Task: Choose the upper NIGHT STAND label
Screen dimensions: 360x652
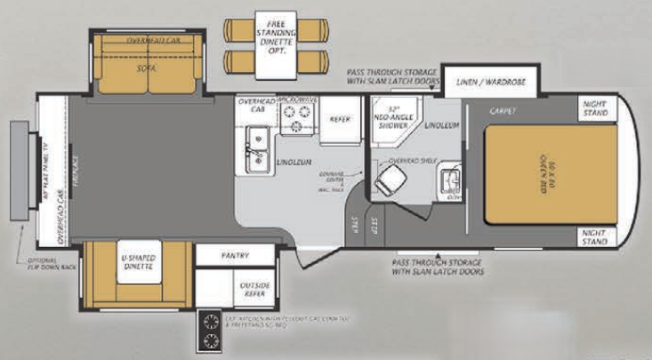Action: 595,109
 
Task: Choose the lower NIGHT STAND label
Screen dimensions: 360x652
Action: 595,236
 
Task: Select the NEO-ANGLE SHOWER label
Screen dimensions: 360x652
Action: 393,121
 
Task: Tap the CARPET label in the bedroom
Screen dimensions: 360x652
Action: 503,110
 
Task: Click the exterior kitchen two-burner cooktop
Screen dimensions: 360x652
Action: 213,331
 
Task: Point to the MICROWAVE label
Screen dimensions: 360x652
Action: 297,100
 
